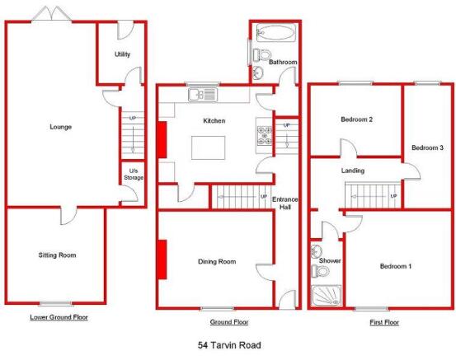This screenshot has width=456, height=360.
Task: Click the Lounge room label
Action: tap(61, 127)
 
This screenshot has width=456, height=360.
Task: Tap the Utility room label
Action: tap(122, 54)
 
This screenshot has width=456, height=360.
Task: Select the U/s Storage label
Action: tap(134, 174)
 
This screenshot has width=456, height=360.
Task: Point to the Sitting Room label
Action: tap(57, 255)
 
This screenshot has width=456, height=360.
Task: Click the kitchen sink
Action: tap(203, 95)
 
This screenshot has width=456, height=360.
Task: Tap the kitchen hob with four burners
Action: tap(264, 135)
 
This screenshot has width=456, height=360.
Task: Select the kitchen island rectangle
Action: tap(209, 147)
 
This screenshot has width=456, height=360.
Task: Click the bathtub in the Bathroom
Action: tap(275, 32)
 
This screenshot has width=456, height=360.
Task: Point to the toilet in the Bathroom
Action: tap(261, 54)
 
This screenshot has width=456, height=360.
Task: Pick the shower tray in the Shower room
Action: tap(326, 296)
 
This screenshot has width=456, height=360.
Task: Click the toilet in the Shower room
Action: tap(320, 271)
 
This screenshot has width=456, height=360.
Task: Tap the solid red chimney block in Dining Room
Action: tap(162, 259)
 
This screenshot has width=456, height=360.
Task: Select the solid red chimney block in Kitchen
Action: tap(162, 140)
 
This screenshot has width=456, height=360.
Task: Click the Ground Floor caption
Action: tap(229, 322)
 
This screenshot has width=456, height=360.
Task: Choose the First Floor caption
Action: tap(384, 322)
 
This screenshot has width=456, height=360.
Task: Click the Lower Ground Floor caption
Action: tap(59, 317)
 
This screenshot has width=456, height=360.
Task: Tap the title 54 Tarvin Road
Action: tap(229, 345)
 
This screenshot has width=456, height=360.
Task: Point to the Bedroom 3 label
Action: tap(427, 147)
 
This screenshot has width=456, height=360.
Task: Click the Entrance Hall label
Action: tap(285, 203)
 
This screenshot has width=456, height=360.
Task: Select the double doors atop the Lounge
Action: tap(52, 14)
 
